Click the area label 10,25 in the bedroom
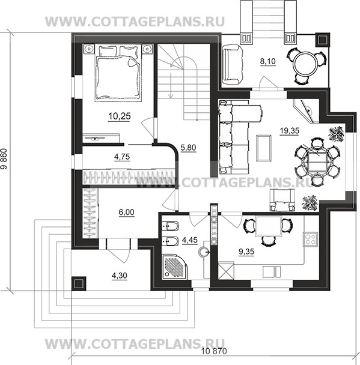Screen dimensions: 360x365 120,116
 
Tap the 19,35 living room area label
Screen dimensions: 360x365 290,131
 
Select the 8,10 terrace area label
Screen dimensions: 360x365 267,61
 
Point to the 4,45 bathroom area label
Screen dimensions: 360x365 190,240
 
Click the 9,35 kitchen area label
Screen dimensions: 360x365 246,252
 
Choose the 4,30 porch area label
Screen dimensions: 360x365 120,276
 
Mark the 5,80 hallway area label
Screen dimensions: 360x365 188,148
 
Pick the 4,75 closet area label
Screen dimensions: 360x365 122,157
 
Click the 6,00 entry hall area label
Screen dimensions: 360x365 126,213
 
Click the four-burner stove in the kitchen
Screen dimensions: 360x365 310,239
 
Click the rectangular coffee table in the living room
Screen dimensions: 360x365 264,148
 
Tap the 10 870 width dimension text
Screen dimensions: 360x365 214,351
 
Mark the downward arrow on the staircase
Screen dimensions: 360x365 171,86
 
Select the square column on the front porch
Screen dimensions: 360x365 79,283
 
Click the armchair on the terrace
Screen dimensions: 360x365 233,65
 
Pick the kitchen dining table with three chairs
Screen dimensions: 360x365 268,229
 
